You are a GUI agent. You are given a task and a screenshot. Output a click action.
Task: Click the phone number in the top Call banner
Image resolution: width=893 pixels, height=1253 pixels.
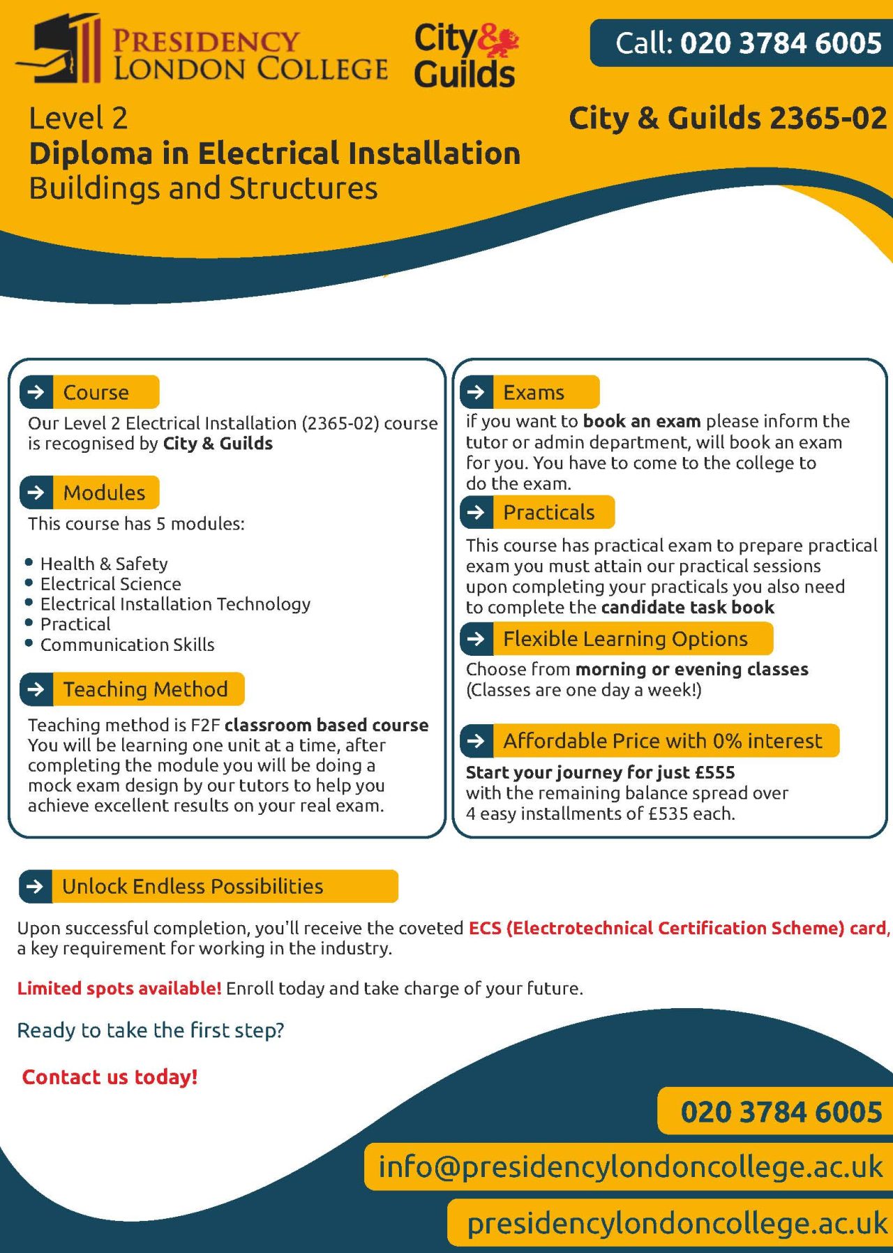coord(781,43)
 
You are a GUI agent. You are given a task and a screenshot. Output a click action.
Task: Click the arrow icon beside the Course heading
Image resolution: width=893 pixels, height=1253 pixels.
coord(36,392)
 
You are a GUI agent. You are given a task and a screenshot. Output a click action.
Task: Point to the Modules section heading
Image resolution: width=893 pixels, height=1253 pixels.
coord(104,493)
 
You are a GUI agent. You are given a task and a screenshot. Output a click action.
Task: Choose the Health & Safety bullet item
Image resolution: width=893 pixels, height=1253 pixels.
coord(104,563)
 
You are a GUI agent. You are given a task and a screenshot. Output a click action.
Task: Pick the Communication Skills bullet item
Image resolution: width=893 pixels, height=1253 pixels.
coord(127,645)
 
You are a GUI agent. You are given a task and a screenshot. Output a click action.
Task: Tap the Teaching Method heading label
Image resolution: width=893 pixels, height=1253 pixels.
coord(145,689)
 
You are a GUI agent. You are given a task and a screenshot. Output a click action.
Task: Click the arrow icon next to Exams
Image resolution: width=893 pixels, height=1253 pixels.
coord(476,392)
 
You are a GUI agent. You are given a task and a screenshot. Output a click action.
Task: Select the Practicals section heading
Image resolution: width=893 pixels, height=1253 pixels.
coord(548,512)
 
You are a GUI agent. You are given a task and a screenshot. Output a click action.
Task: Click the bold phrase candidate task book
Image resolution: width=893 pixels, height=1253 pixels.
coord(687,608)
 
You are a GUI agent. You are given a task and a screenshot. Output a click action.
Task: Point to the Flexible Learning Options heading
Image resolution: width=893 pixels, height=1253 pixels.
coord(625,638)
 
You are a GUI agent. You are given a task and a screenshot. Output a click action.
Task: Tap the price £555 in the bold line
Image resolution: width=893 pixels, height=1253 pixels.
coord(714,772)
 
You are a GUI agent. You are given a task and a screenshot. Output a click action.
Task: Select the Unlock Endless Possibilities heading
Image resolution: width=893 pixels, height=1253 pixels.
coord(193,886)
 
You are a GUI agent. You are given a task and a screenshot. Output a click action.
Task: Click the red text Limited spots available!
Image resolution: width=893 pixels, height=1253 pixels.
coord(119,988)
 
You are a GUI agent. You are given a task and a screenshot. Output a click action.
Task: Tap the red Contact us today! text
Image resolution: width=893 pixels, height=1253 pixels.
coord(110,1076)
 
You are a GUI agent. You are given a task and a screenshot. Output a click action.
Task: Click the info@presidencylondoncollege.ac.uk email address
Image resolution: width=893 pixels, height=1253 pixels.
coord(630,1166)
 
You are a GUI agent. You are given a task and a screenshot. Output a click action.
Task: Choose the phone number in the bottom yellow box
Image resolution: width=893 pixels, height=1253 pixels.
coord(781,1111)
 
